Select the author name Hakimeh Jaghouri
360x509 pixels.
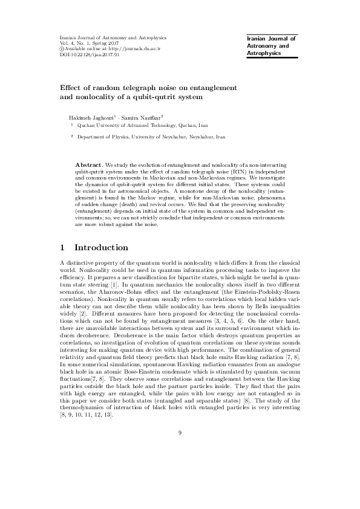pos(89,115)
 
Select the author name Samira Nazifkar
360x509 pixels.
pos(138,115)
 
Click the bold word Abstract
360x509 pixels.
pos(88,164)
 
